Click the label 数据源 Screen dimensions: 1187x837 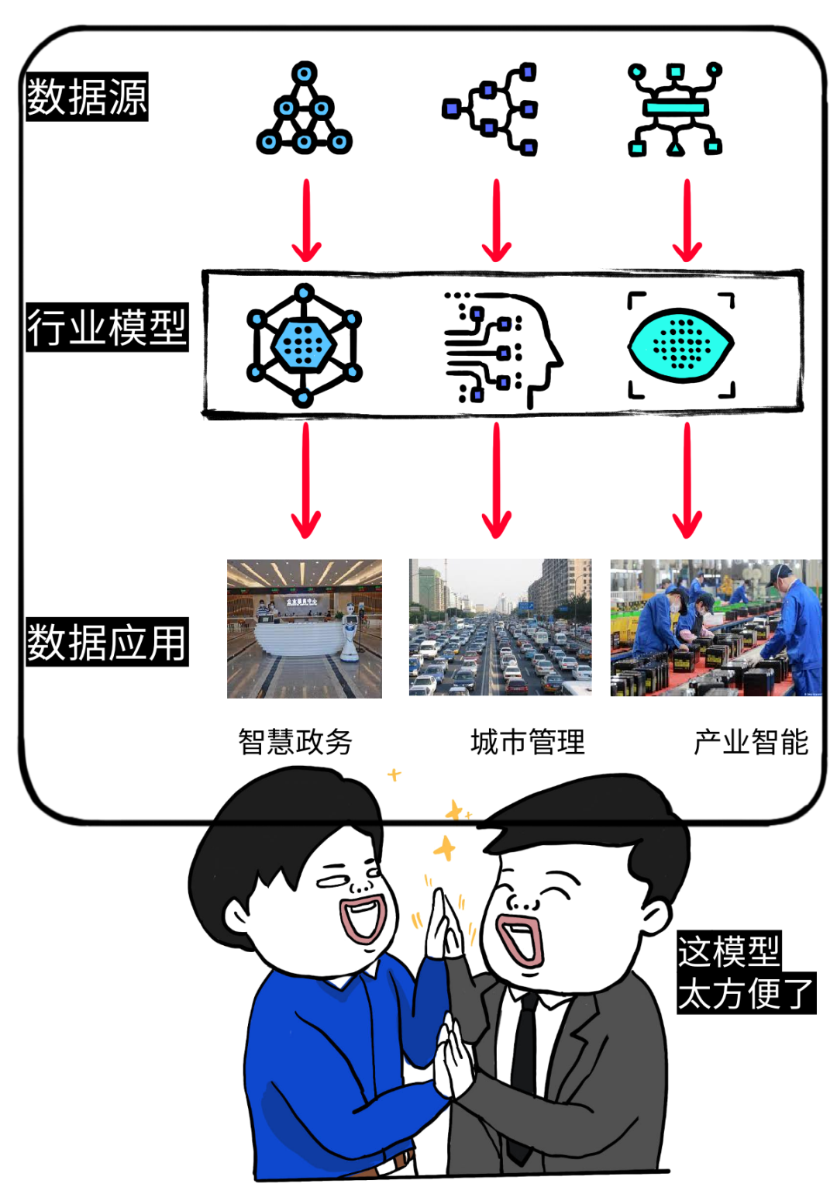tap(87, 97)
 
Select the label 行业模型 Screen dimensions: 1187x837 tap(107, 327)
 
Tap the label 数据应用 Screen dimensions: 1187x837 tap(107, 642)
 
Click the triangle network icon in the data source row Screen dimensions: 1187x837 tap(304, 110)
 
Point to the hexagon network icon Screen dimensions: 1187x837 tap(304, 345)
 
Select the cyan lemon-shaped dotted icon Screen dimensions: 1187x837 tap(680, 345)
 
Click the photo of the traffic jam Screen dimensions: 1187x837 tap(500, 627)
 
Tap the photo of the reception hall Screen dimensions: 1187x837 tap(304, 629)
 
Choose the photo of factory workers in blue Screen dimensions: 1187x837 tap(715, 628)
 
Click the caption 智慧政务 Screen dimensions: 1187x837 tap(295, 742)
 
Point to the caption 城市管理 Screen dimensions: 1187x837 tap(528, 742)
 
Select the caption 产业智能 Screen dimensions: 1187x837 tap(750, 742)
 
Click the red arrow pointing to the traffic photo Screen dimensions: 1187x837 tap(496, 481)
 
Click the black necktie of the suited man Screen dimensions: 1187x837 tap(525, 1062)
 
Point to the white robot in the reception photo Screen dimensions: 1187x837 tap(350, 632)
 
